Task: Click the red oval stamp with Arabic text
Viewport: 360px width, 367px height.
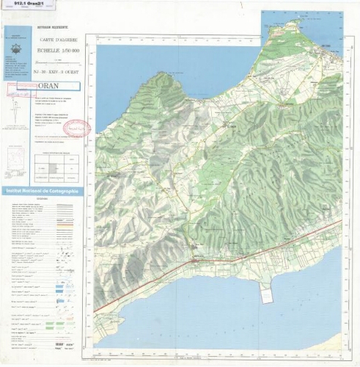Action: [76, 127]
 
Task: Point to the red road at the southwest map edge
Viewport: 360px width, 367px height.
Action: [103, 305]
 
